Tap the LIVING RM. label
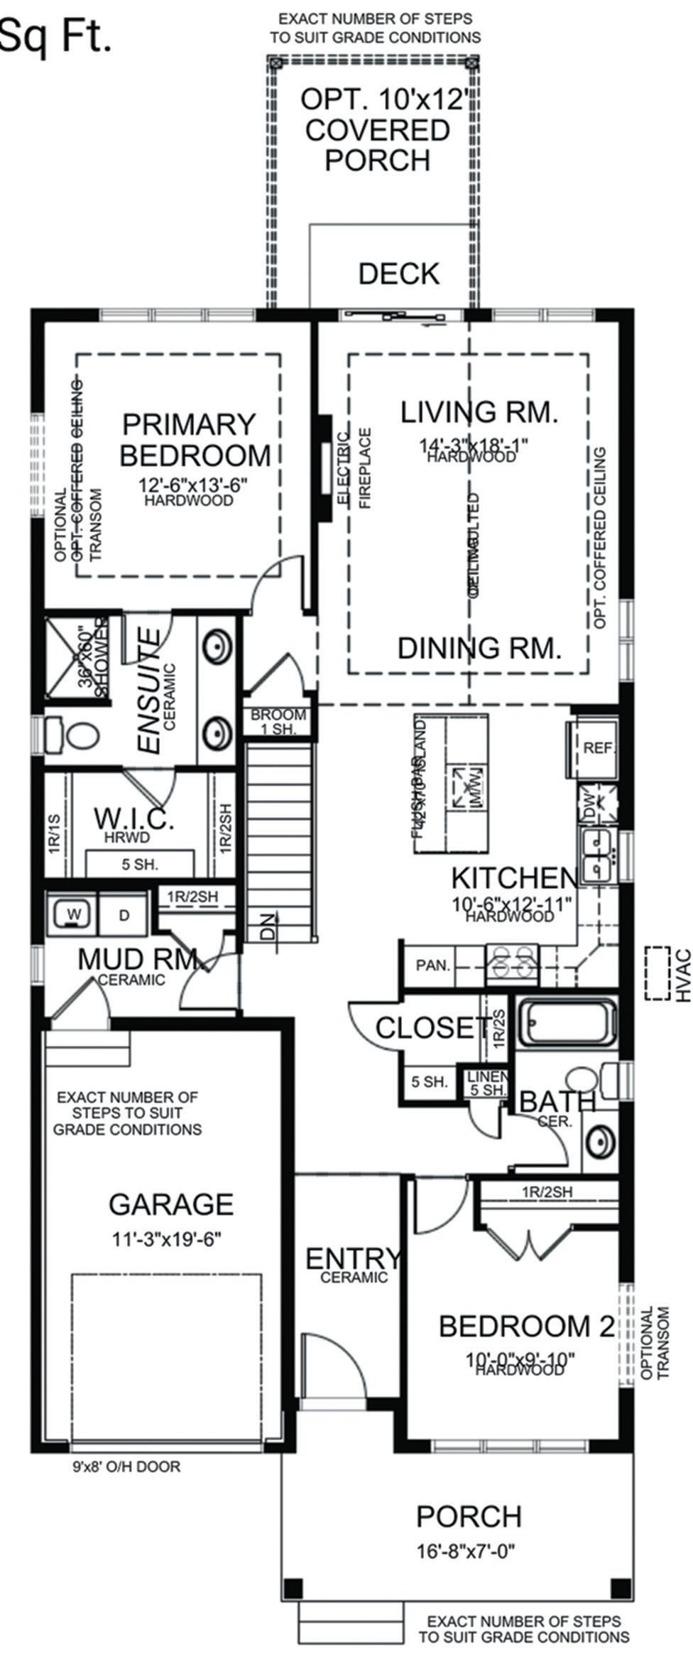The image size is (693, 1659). [x=479, y=412]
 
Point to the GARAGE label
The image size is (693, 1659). [x=170, y=1204]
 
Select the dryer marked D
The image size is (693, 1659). [x=124, y=915]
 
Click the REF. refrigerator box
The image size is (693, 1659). [x=599, y=748]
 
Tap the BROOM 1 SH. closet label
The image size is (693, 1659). [x=278, y=721]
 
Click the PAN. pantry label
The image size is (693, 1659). [x=433, y=966]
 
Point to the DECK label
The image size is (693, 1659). [x=398, y=274]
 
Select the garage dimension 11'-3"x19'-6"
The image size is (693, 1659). [x=168, y=1240]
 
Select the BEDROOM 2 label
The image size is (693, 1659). [x=526, y=1326]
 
